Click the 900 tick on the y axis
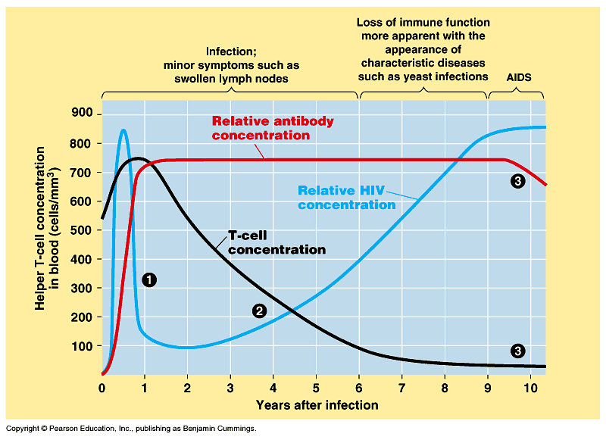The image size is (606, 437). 81,114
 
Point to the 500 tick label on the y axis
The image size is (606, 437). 81,230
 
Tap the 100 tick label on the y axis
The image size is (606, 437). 81,346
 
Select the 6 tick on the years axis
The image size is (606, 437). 360,389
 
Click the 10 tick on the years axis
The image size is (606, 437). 531,389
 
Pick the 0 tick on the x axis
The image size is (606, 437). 102,389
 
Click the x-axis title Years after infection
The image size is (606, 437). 317,405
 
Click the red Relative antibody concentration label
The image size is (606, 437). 272,128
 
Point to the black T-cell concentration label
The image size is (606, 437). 276,242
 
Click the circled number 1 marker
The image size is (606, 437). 149,280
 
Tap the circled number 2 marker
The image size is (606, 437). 259,311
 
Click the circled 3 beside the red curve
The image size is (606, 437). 518,181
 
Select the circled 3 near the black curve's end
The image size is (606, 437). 518,351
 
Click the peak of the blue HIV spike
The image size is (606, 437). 123,130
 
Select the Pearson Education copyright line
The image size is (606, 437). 130,429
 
